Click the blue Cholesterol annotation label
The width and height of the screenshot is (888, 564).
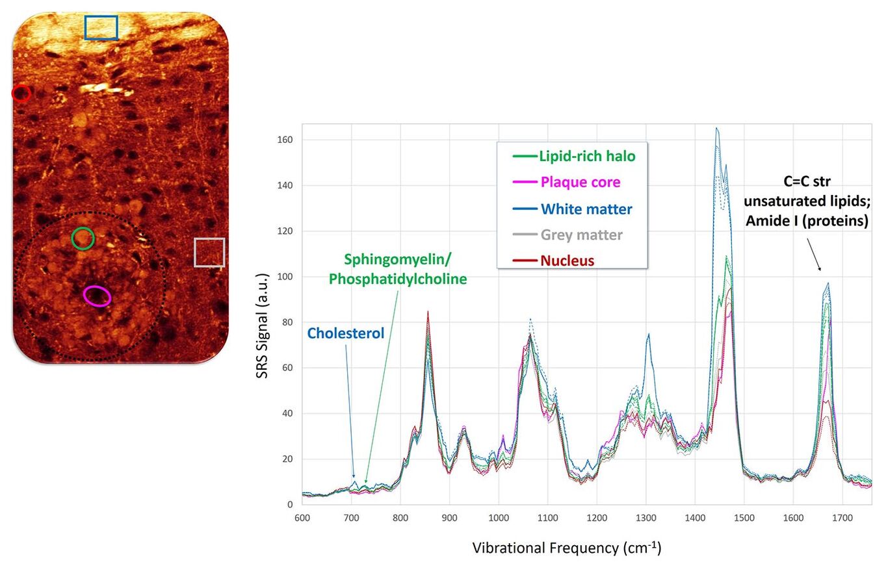pyautogui.click(x=346, y=333)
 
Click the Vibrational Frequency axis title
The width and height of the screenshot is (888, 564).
pyautogui.click(x=566, y=547)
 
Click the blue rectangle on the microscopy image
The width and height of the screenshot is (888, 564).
pyautogui.click(x=101, y=28)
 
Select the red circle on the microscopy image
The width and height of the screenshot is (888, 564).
pyautogui.click(x=21, y=94)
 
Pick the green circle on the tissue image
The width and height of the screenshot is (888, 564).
pyautogui.click(x=83, y=238)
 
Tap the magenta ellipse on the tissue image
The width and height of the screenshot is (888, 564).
pyautogui.click(x=97, y=296)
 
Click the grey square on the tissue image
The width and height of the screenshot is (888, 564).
pyautogui.click(x=209, y=252)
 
